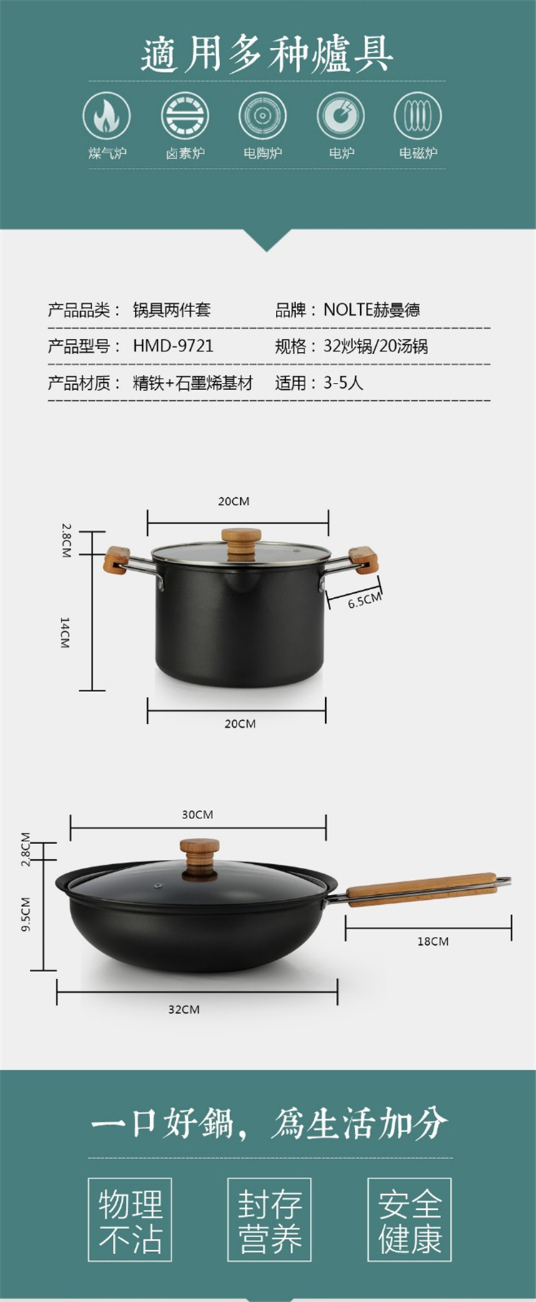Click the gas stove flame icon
click(106, 116)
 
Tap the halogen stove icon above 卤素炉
click(184, 116)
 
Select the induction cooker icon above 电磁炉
click(417, 116)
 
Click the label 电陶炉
click(262, 153)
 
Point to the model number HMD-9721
click(173, 346)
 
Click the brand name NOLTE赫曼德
click(372, 310)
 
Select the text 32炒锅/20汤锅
click(375, 346)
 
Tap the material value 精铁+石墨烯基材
click(193, 384)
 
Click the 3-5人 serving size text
click(343, 384)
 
